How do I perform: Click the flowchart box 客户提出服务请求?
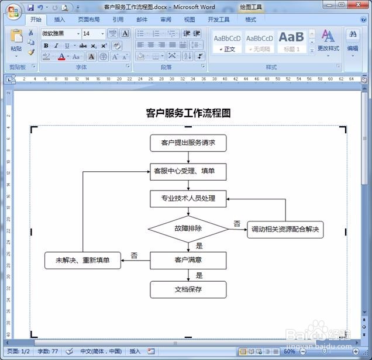coord(188,143)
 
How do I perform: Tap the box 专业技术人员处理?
coord(188,199)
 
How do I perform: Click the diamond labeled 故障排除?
coord(188,229)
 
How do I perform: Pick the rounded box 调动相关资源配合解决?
coord(285,230)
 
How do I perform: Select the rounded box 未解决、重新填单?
coord(82,260)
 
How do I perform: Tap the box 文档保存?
coord(188,289)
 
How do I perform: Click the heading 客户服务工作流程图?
coord(188,113)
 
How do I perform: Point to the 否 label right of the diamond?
coord(237,223)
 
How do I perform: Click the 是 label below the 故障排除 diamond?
coord(199,246)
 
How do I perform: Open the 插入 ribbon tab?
coord(60,19)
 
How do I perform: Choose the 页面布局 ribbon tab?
coord(89,19)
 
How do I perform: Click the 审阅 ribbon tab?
coord(166,19)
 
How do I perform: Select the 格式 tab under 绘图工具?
coord(250,19)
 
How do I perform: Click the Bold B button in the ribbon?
coord(46,46)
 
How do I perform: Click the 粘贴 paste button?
coord(16,41)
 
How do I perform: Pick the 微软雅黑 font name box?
coord(60,34)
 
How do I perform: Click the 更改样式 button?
coord(328,41)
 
